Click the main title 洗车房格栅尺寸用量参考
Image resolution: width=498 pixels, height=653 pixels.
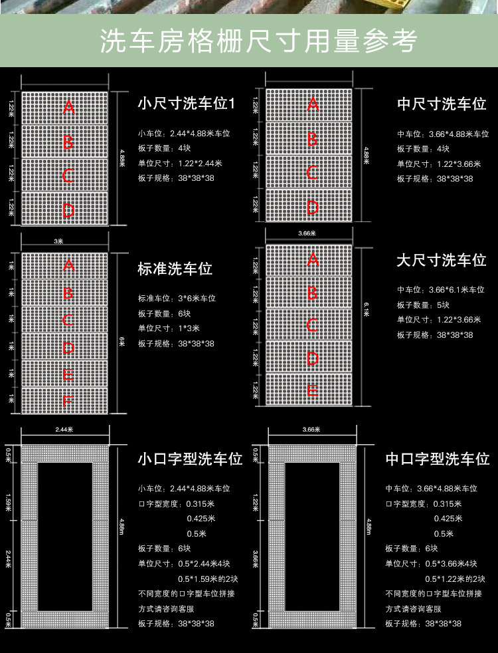(x=258, y=41)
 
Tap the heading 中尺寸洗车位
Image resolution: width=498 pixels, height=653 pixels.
(x=442, y=104)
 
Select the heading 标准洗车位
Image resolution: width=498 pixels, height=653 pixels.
(x=175, y=269)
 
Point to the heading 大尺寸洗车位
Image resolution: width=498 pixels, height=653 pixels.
(x=442, y=259)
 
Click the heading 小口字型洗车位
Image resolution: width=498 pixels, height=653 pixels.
(x=190, y=459)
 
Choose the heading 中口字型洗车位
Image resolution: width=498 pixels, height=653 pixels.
(x=437, y=459)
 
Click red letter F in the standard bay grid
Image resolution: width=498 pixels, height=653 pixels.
(x=68, y=402)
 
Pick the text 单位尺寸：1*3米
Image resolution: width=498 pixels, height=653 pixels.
(x=169, y=328)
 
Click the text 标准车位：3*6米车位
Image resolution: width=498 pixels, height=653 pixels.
(x=177, y=299)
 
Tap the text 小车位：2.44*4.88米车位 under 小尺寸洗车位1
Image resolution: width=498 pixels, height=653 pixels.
(x=184, y=133)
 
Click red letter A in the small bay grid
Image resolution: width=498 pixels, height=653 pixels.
(x=68, y=107)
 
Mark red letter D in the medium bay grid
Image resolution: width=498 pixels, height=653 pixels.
(x=312, y=207)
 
